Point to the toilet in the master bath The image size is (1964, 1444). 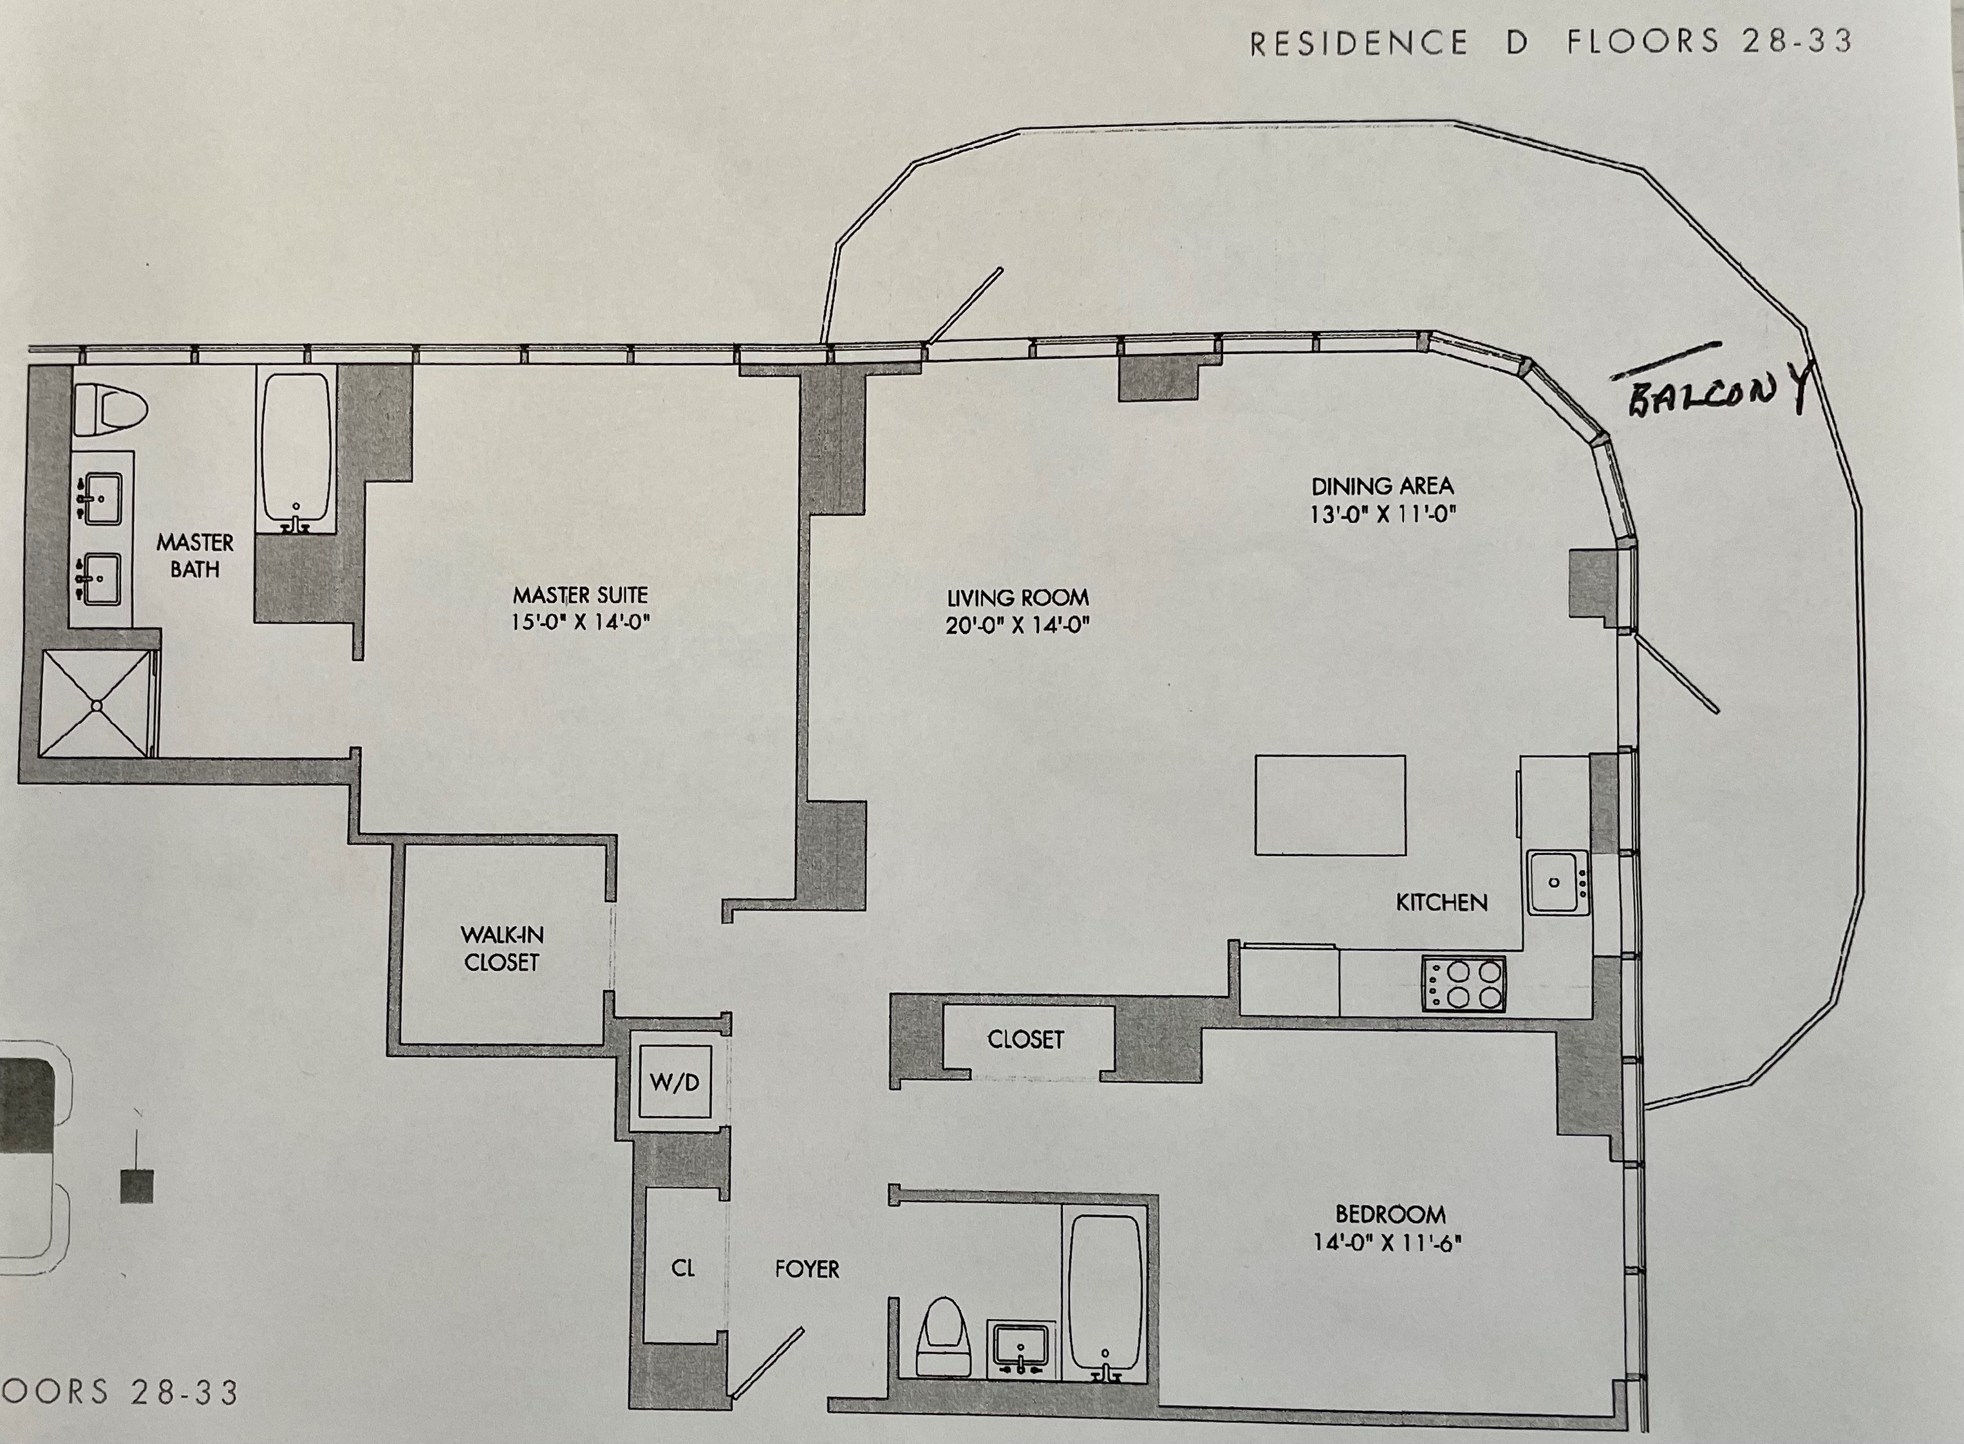(110, 411)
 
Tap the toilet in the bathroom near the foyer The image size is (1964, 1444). (943, 1344)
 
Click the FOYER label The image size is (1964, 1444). (807, 1269)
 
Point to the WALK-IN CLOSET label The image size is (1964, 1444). (501, 948)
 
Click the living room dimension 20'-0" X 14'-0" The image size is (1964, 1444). (1017, 626)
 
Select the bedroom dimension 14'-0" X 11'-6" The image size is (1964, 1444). (1390, 1242)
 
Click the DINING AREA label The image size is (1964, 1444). (1382, 486)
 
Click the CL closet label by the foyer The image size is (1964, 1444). (684, 1268)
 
